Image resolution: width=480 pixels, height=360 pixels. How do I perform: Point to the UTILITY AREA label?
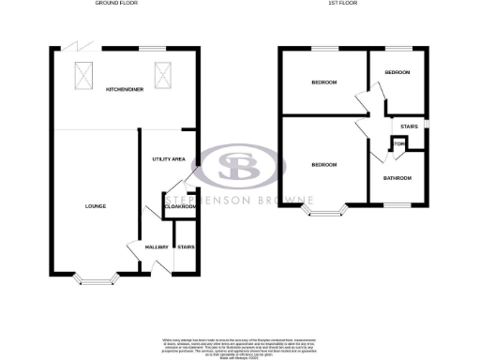[x=167, y=160]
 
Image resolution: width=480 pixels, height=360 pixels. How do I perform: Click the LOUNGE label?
[x=94, y=206]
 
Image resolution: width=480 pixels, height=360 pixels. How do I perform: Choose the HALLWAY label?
[x=155, y=247]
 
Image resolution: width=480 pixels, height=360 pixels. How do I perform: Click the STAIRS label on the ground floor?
[x=186, y=247]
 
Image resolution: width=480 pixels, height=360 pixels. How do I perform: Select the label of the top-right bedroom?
[x=397, y=72]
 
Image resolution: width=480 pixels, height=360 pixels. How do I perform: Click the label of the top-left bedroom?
[x=323, y=82]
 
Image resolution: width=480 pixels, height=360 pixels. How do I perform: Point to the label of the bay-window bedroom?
[x=323, y=164]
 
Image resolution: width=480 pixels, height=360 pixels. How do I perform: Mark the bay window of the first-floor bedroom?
[x=323, y=212]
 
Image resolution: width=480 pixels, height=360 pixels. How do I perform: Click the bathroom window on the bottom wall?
[x=397, y=204]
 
